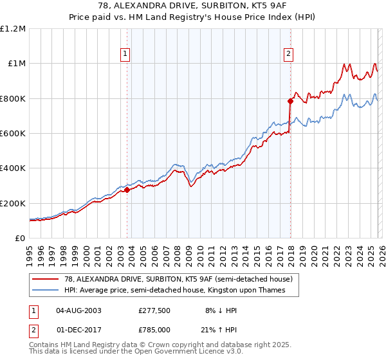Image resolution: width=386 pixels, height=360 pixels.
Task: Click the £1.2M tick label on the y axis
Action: pos(13,29)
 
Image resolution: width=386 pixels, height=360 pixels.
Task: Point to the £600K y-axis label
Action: pos(13,134)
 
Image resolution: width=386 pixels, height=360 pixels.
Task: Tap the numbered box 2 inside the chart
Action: pos(289,54)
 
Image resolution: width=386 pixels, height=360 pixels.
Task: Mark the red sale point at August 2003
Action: pos(127,190)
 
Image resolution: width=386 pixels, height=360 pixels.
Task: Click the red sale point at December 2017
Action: pos(289,101)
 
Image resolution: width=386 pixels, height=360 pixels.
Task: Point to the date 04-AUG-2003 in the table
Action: pos(78,310)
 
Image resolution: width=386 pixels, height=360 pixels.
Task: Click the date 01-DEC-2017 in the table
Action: pos(78,330)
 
